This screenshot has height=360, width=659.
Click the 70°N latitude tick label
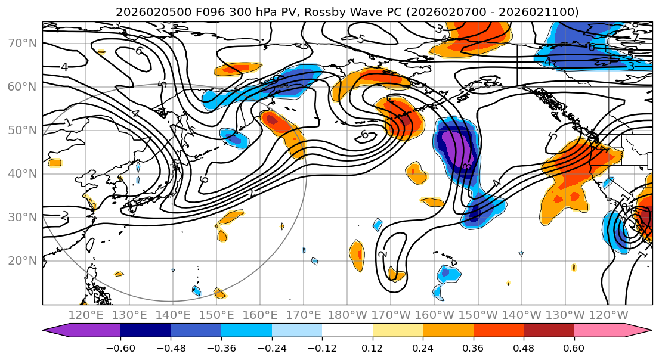tap(22, 44)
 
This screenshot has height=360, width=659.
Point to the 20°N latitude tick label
tap(22, 260)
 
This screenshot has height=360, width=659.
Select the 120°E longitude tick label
tap(86, 315)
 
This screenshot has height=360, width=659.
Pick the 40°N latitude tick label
tap(22, 173)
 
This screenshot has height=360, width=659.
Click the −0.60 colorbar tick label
tap(120, 347)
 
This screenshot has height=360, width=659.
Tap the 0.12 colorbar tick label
tap(372, 347)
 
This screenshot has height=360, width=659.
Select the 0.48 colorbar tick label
tap(524, 347)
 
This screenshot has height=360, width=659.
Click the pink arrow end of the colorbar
tap(641, 331)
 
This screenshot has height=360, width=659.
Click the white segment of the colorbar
tap(347, 331)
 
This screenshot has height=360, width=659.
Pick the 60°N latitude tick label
tap(22, 87)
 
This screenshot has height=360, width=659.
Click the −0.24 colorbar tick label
tap(271, 347)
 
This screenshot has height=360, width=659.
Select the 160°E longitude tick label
tap(260, 315)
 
